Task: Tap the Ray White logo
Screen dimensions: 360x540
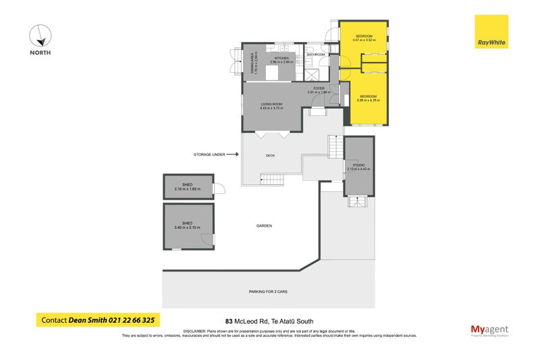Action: click(491, 32)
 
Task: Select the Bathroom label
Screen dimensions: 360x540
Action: click(316, 55)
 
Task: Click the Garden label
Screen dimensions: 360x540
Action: click(264, 226)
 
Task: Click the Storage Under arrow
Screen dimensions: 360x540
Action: click(231, 154)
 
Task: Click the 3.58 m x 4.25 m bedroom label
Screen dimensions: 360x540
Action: click(368, 99)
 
